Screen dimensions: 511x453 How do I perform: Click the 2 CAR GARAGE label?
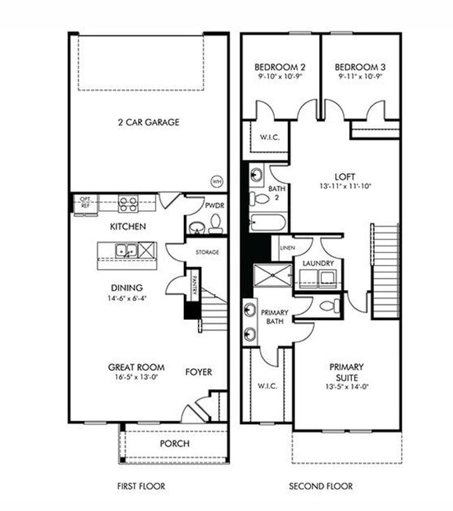pos(148,123)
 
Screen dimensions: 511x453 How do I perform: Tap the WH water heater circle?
pos(217,181)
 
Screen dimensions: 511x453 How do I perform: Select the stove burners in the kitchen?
pos(128,204)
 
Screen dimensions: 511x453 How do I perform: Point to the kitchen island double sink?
pos(126,250)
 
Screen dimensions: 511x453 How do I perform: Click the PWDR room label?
pos(214,206)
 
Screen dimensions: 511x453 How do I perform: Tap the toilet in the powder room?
pos(215,224)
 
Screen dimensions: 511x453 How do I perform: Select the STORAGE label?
pos(207,252)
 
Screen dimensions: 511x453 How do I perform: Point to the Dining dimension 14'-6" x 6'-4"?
pos(126,298)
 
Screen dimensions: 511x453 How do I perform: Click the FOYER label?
pos(199,372)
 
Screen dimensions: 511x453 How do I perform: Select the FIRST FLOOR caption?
pos(141,486)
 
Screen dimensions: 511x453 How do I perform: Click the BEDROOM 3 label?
pos(360,67)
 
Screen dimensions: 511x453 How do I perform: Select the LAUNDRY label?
pos(318,263)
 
